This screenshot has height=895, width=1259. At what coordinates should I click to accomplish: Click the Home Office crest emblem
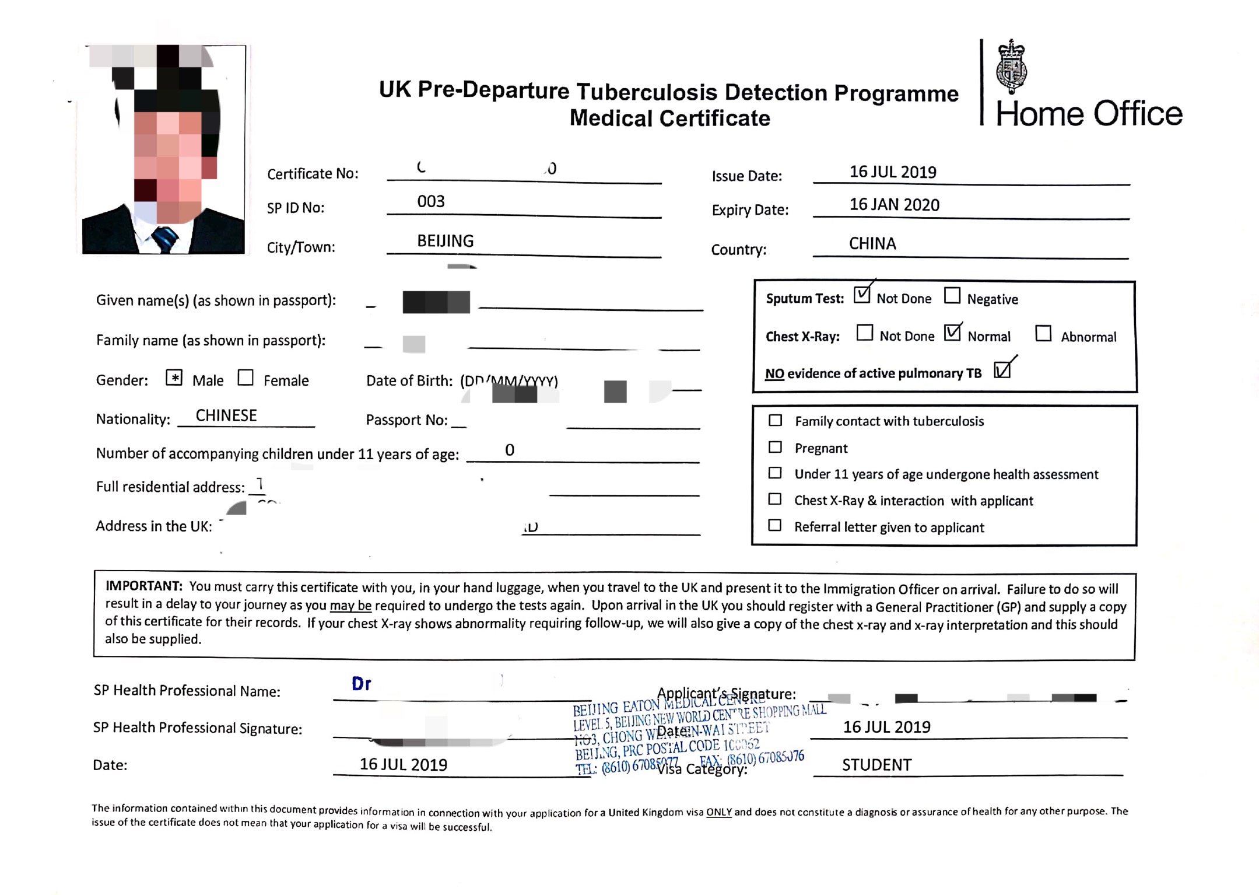(1012, 67)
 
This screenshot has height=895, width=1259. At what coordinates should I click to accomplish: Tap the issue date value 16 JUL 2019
(893, 172)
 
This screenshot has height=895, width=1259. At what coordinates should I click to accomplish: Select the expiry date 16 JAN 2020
(894, 205)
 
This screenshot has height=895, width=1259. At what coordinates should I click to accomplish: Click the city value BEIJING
(445, 241)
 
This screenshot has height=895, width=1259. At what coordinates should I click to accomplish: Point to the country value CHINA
(872, 243)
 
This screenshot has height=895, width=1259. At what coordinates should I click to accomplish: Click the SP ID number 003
(431, 201)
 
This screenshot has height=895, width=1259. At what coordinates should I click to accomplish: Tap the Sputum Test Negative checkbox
(952, 296)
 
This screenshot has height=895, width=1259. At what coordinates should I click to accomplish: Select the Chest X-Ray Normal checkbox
(952, 333)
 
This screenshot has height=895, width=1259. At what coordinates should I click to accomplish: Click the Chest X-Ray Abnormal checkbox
(1043, 333)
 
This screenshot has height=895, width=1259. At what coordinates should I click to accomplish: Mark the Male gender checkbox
(174, 378)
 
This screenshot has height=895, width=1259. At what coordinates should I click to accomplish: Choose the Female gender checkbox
(246, 378)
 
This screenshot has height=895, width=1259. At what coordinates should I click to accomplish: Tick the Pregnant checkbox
(775, 447)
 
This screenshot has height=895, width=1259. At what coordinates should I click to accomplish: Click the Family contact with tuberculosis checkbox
(775, 420)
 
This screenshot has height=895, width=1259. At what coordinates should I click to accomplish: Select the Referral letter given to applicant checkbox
(774, 525)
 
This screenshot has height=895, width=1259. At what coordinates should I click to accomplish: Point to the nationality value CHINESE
(226, 415)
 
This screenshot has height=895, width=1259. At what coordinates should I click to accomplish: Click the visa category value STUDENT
(876, 765)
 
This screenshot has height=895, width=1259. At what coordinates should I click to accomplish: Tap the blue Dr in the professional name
(362, 684)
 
